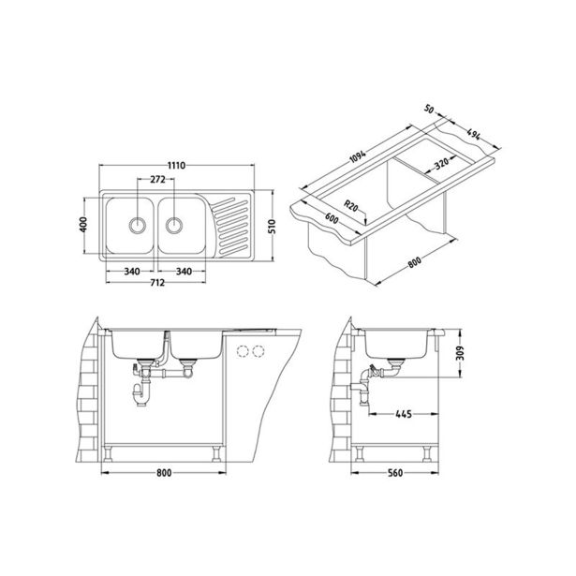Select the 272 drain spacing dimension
point(158,179)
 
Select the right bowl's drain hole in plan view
point(174,225)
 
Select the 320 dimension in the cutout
point(442,164)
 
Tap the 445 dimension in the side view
point(406,412)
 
